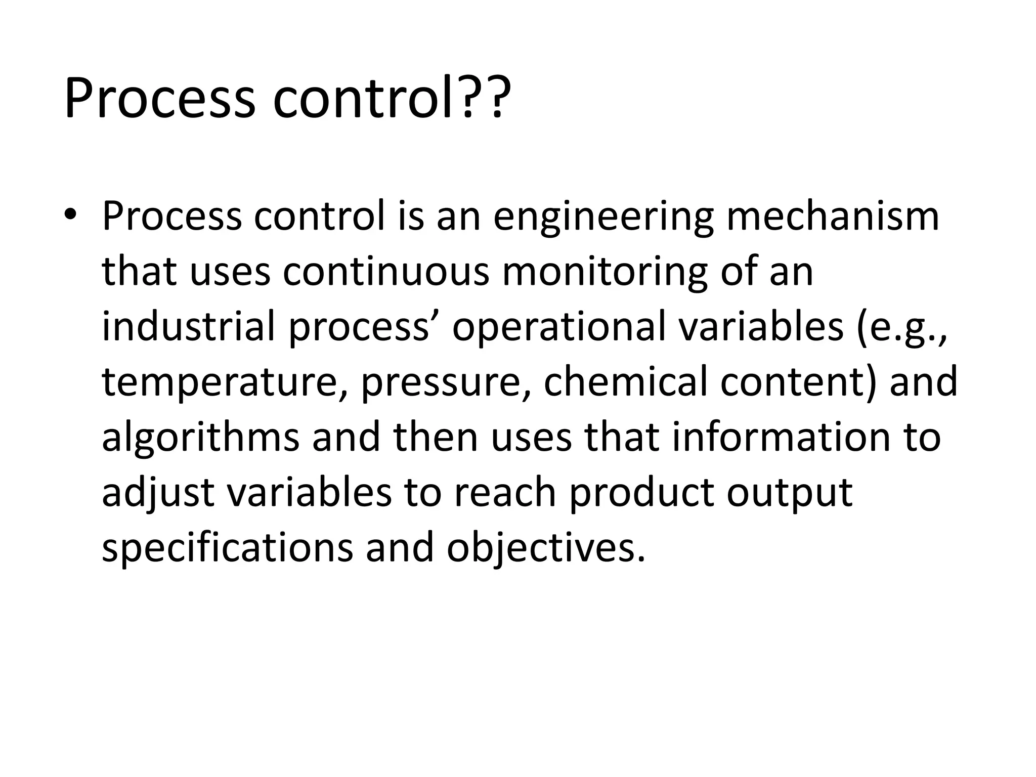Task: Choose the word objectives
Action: click(x=546, y=548)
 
